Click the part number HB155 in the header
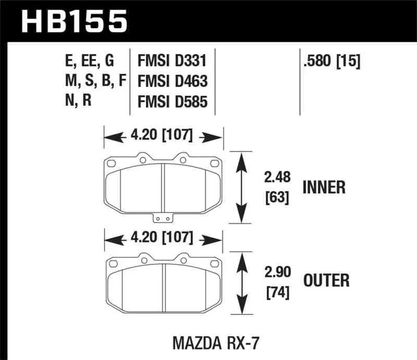point(73,21)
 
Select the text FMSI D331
point(173,61)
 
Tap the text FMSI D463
point(173,81)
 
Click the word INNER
point(324,188)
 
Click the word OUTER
point(326,281)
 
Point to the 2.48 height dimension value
point(277,178)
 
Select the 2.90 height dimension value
point(277,272)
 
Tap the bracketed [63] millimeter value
point(277,198)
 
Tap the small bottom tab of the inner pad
point(164,219)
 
